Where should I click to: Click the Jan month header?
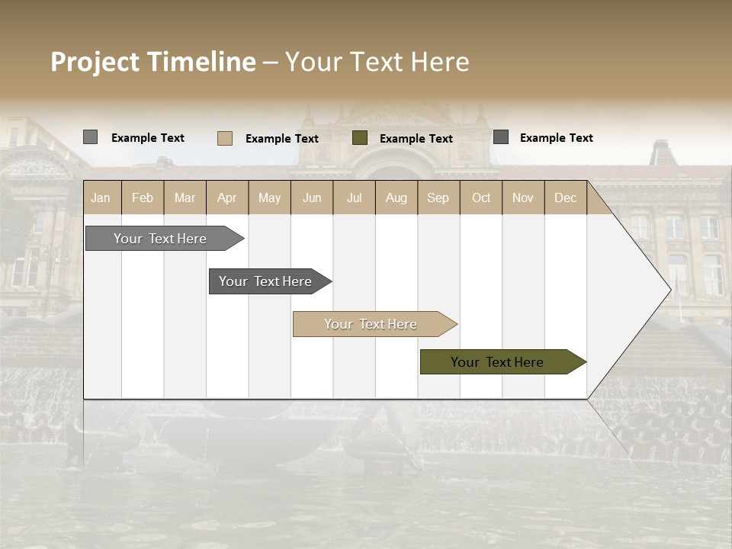101,197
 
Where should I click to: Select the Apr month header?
227,197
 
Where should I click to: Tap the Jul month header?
354,197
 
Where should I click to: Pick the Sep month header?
438,197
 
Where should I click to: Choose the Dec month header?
565,197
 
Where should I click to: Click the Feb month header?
143,197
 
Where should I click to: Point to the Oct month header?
481,197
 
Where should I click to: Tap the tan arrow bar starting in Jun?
371,324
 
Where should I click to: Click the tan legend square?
225,138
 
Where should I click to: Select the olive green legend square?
360,137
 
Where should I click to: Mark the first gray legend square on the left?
90,137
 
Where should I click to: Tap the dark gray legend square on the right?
501,136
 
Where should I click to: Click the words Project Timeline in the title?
152,62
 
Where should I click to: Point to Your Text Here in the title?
377,62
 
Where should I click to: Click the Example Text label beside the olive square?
416,138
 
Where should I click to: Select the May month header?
269,197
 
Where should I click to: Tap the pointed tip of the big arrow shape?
669,290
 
